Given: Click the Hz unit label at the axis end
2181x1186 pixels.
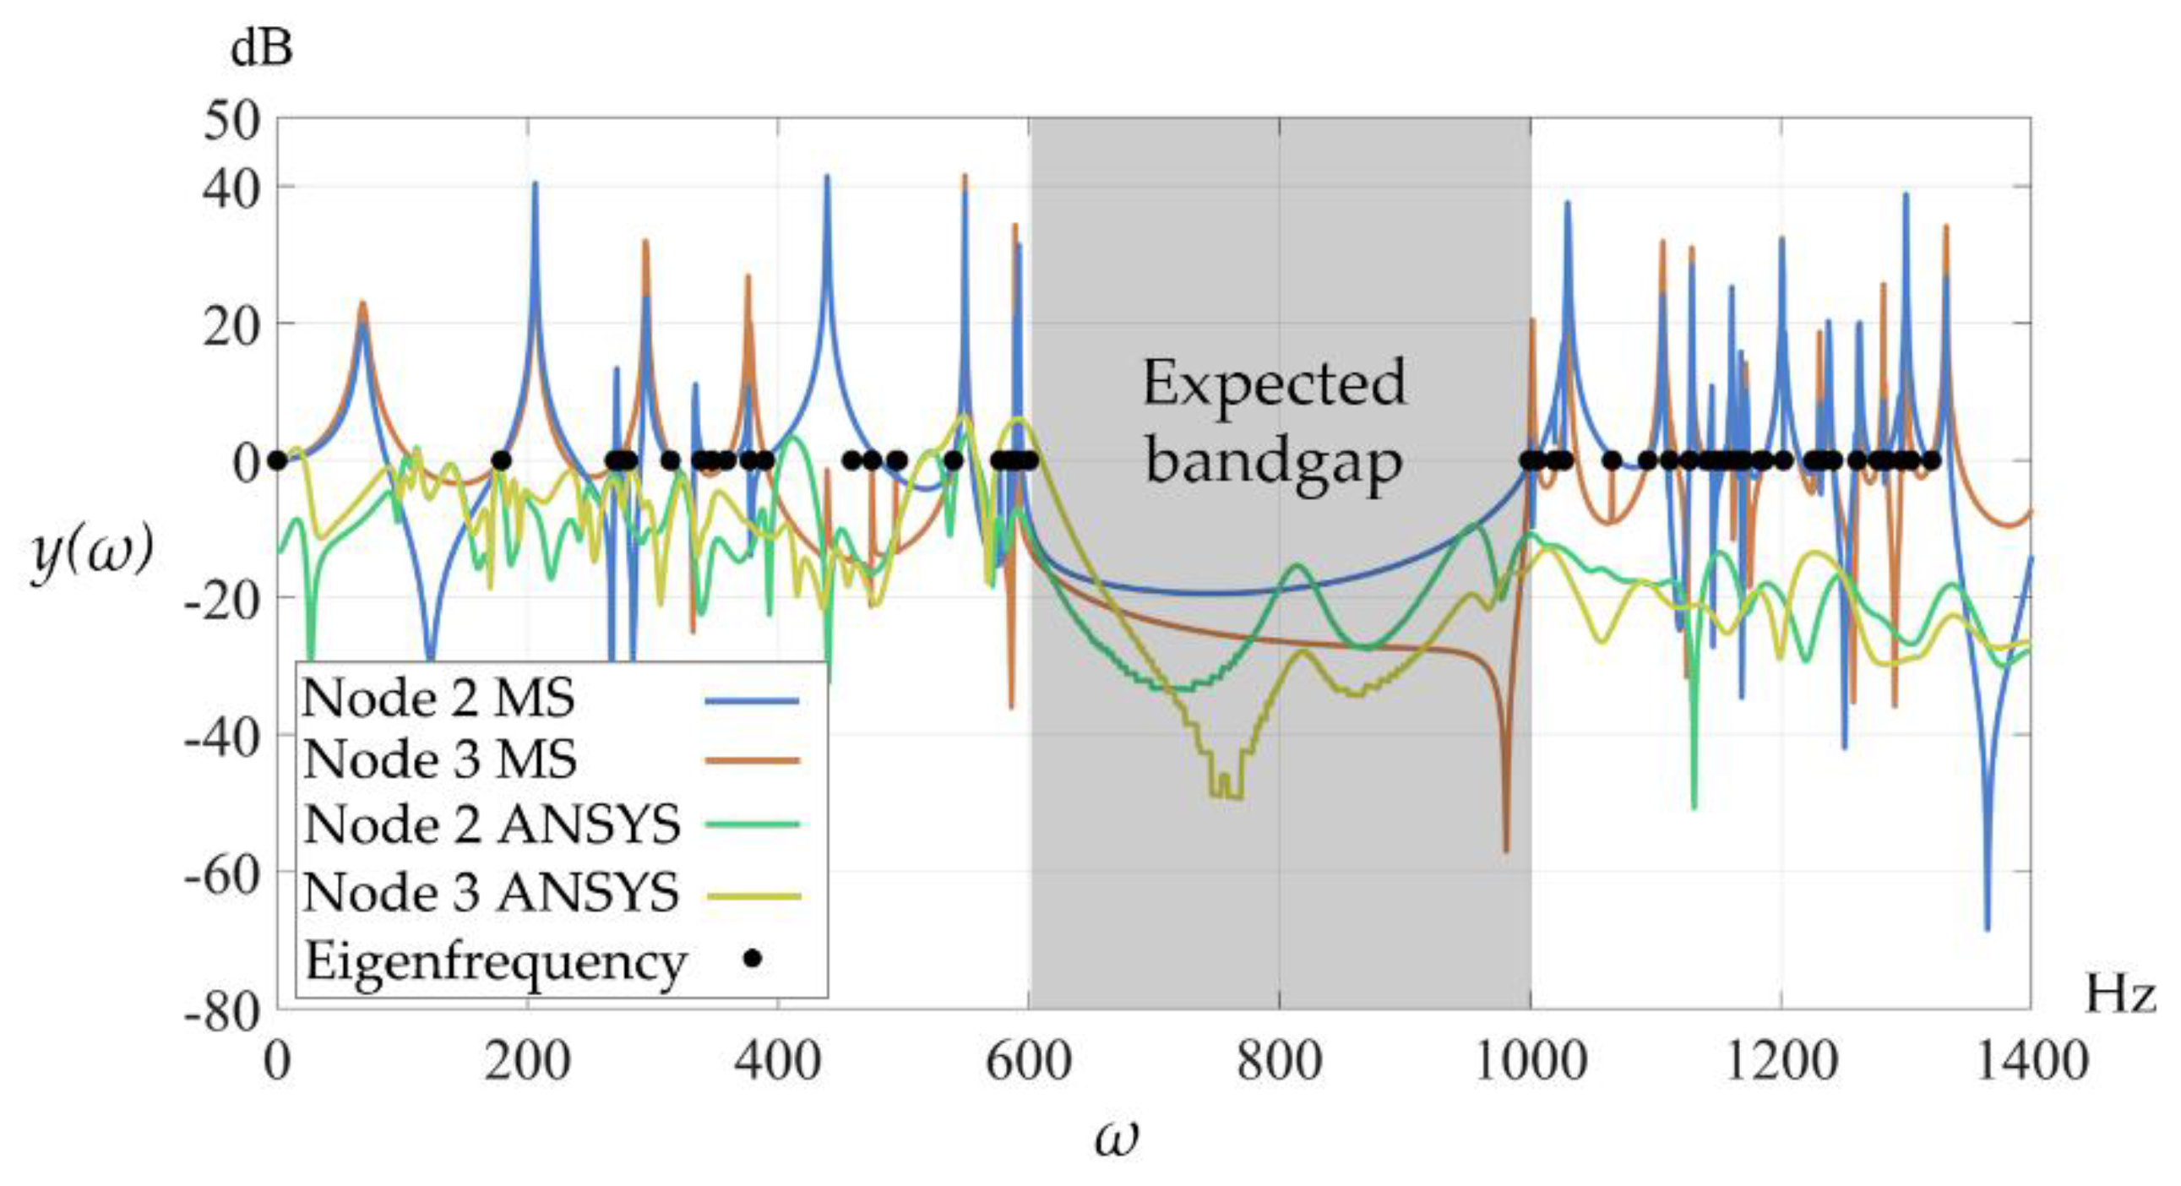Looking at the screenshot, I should tap(2118, 994).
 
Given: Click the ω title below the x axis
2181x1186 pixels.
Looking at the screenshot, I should tap(1116, 1137).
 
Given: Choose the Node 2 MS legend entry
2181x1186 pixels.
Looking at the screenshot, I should tap(438, 699).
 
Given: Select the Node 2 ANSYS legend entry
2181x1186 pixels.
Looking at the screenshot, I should tap(492, 824).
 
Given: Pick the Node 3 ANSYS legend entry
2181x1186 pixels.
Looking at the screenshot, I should tap(491, 892).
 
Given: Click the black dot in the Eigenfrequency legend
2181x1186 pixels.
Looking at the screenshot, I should tap(752, 959).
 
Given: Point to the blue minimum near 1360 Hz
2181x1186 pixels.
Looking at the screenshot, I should tap(1988, 927).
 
